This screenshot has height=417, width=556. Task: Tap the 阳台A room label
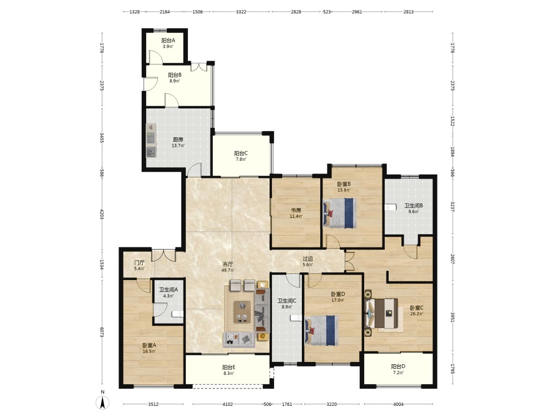tap(168, 41)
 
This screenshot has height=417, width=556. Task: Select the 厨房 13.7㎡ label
tap(178, 142)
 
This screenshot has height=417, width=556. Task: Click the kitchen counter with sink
tap(151, 141)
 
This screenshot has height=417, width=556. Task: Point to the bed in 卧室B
tap(340, 213)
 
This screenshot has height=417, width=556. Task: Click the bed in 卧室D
tap(321, 330)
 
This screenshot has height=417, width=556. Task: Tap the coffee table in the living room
tap(242, 312)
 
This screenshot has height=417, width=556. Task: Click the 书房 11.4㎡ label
tap(296, 213)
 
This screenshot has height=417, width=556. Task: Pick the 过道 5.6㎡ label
tap(308, 262)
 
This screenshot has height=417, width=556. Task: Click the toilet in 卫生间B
tap(391, 207)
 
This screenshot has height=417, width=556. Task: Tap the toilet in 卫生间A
tap(177, 314)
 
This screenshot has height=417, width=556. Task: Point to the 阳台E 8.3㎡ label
tap(229, 370)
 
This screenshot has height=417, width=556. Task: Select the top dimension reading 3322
tap(241, 12)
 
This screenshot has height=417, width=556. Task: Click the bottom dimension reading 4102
tap(227, 404)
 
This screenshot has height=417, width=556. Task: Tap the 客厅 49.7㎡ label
tap(227, 267)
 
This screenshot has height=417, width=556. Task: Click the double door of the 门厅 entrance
tap(163, 256)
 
